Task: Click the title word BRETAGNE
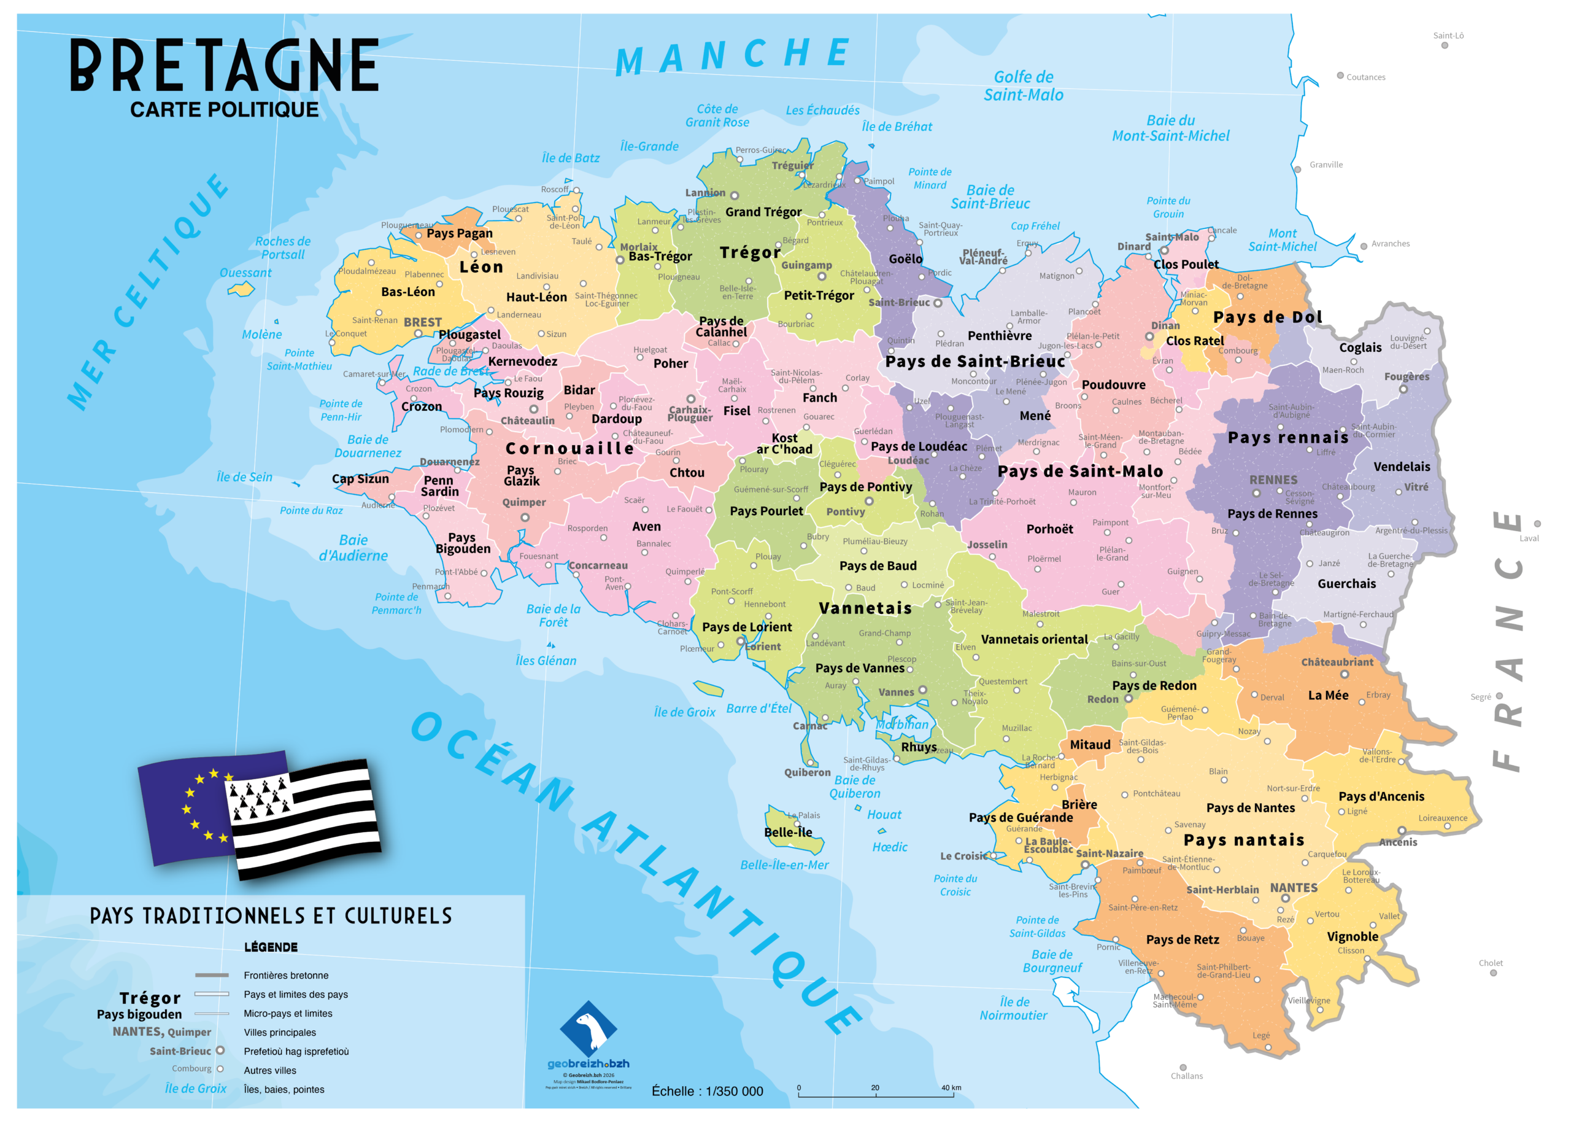(x=224, y=65)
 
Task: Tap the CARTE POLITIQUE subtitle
(x=224, y=110)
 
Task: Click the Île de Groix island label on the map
(x=684, y=712)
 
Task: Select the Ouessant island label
(x=245, y=273)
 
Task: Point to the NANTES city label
(x=1293, y=888)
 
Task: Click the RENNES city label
(x=1273, y=480)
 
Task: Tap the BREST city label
(x=422, y=322)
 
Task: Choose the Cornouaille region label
(x=569, y=448)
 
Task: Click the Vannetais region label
(x=865, y=608)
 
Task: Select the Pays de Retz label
(x=1183, y=940)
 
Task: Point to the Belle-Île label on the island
(x=788, y=833)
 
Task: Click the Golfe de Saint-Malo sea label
(x=1023, y=87)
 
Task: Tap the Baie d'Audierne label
(x=353, y=548)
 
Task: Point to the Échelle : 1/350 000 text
(x=707, y=1091)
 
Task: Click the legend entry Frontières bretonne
(x=285, y=976)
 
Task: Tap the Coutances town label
(x=1365, y=77)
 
